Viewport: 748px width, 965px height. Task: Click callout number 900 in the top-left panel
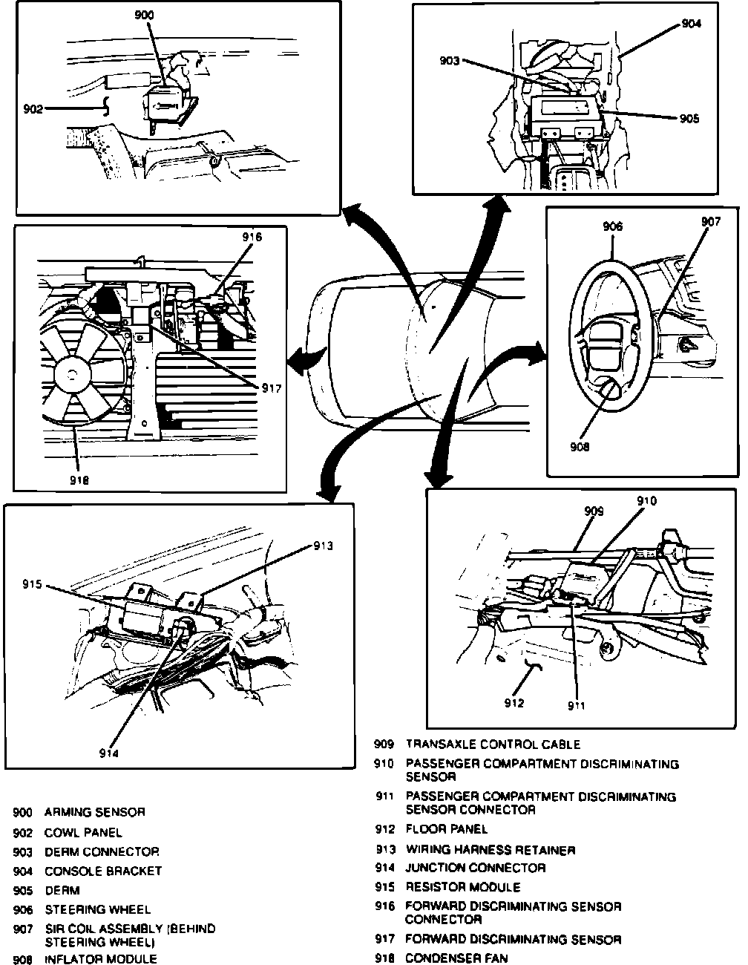tap(145, 15)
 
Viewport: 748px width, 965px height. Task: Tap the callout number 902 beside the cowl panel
tap(33, 109)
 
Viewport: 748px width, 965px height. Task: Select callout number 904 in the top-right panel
tap(691, 24)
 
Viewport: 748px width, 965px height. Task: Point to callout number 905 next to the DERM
tap(689, 119)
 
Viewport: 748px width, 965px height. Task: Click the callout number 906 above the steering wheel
tap(613, 227)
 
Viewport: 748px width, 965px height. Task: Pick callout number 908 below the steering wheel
tap(580, 447)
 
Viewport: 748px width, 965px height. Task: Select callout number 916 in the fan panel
tap(252, 238)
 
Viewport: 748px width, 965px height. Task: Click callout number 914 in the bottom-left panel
tap(109, 753)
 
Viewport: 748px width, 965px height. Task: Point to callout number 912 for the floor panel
tap(514, 703)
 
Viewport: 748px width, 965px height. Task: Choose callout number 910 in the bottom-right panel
tap(646, 501)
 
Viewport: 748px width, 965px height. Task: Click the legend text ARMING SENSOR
tap(95, 812)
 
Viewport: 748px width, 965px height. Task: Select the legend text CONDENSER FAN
tap(456, 958)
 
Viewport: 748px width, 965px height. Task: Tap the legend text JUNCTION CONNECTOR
tap(475, 868)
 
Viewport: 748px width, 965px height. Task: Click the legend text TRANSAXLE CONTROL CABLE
tap(493, 745)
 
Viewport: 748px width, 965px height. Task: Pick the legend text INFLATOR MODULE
tap(101, 959)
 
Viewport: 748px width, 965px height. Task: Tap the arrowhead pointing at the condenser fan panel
tap(296, 362)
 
